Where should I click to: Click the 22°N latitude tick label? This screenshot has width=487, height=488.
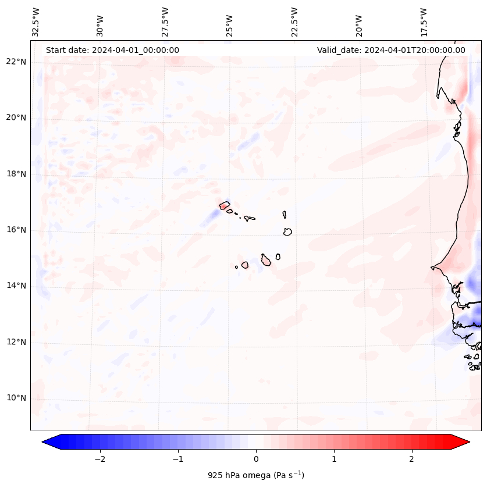point(16,62)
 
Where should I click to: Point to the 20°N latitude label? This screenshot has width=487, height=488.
point(16,118)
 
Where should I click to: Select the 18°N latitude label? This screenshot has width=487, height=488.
point(16,174)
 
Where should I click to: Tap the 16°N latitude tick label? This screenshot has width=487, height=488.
point(16,230)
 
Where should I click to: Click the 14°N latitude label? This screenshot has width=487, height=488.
point(16,286)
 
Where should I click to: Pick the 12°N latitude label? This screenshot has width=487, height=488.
point(16,342)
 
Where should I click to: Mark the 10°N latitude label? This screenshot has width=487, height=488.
point(16,398)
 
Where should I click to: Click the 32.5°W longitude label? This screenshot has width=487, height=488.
point(35,22)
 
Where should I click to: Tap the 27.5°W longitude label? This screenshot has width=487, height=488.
point(165,22)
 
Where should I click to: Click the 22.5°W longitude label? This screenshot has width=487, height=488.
point(294,22)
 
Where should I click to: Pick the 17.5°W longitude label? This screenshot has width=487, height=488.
point(424,22)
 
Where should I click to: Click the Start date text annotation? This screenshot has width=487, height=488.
point(112,50)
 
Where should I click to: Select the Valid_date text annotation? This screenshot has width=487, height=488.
point(391,50)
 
